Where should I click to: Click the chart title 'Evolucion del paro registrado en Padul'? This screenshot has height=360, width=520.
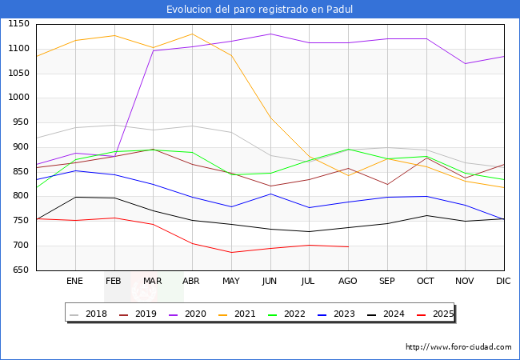click(260, 10)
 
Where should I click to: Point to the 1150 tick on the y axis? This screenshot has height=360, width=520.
click(18, 25)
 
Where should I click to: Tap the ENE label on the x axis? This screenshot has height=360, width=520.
click(75, 282)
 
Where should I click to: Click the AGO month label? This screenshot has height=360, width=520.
click(348, 282)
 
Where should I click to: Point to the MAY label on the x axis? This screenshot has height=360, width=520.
click(231, 282)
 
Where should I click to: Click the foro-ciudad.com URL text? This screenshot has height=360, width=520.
click(458, 347)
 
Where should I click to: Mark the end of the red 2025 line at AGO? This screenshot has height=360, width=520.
click(348, 246)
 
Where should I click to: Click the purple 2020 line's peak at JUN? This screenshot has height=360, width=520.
click(270, 34)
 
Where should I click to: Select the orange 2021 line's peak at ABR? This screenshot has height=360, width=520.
click(192, 34)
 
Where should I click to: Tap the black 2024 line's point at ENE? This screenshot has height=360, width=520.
click(75, 197)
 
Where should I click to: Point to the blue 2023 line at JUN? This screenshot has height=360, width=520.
click(270, 194)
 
